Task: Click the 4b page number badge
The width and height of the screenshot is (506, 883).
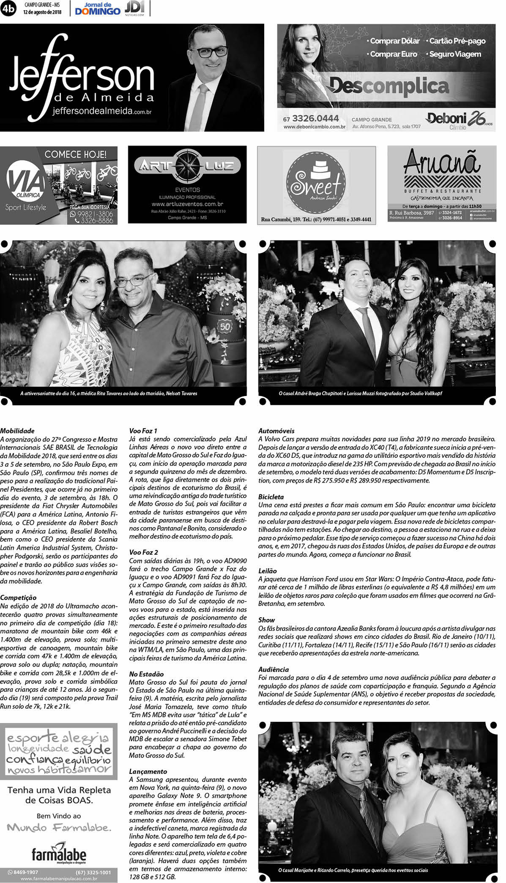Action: [x=8, y=8]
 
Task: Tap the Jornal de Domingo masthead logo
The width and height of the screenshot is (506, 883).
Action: [x=97, y=9]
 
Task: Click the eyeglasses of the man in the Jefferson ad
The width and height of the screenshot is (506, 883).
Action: [x=212, y=52]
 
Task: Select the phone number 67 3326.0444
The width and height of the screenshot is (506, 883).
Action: [x=311, y=118]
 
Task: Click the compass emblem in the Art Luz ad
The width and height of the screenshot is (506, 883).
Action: [x=187, y=166]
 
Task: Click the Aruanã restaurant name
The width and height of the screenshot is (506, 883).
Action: [x=442, y=162]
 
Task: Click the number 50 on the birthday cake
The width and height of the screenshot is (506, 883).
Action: [x=225, y=327]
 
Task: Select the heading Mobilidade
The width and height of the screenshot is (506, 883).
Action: [x=17, y=431]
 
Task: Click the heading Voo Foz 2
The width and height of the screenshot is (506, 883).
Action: [x=143, y=552]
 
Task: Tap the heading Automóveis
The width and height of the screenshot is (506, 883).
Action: [x=276, y=431]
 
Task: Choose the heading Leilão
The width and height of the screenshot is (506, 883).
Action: [x=267, y=571]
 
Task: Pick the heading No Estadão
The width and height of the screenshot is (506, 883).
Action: [x=146, y=674]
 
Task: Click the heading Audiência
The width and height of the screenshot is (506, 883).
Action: [x=274, y=670]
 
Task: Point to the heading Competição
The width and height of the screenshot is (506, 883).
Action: [x=18, y=598]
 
